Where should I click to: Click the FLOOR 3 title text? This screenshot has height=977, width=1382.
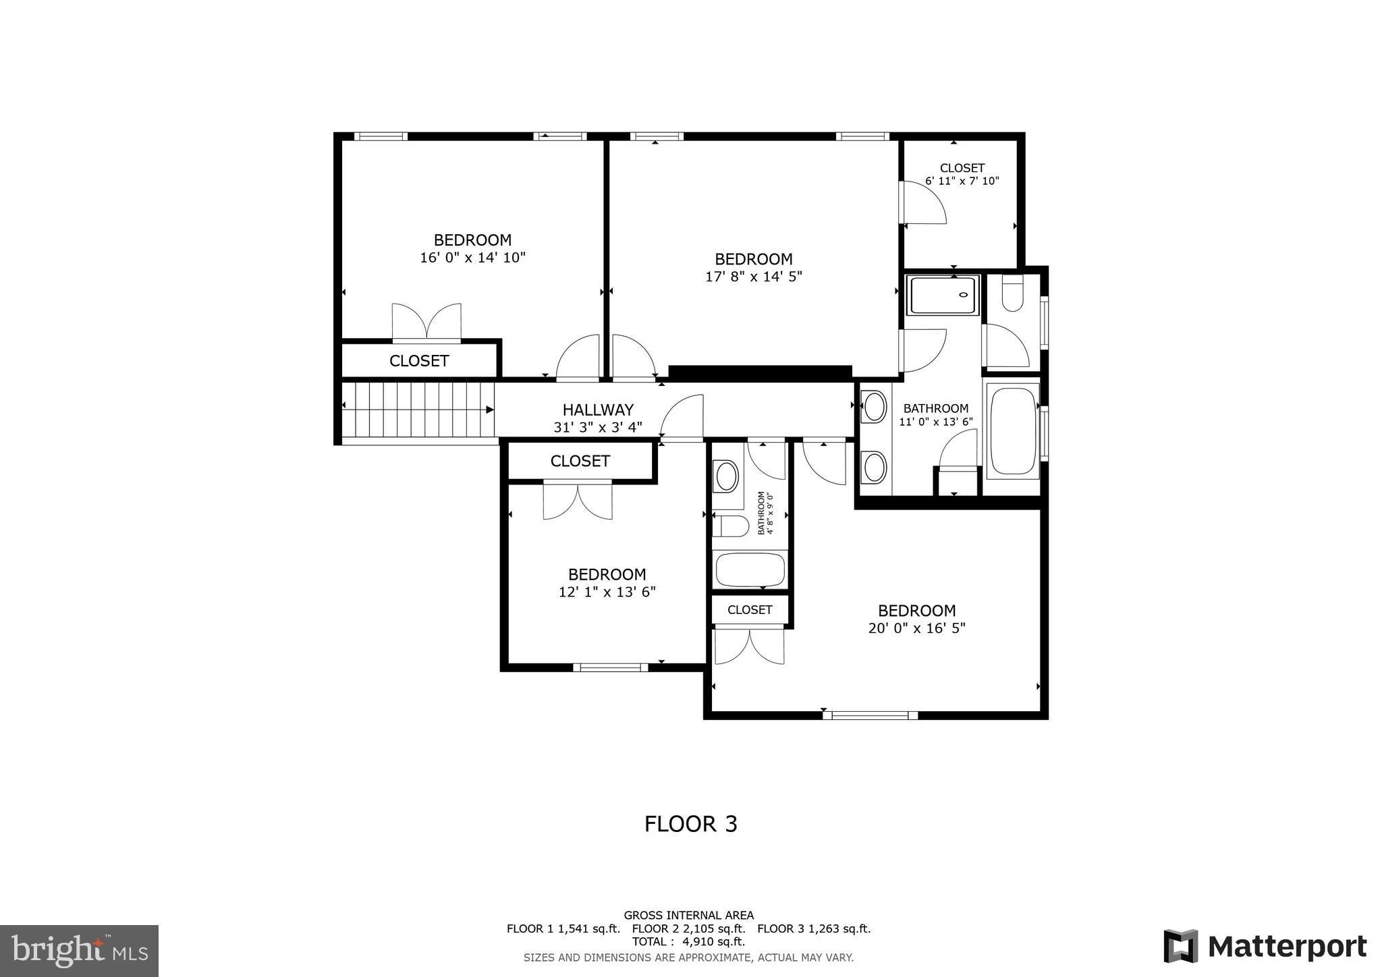coord(690,824)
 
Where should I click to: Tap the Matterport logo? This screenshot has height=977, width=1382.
coord(1265,946)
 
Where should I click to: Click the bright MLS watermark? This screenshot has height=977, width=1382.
coord(80,951)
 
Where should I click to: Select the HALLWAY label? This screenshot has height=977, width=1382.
coord(598,410)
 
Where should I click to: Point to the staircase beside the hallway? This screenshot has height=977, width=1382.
coord(417,410)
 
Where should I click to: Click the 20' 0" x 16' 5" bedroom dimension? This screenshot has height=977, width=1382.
coord(916,628)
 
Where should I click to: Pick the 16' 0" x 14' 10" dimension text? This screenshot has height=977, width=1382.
coord(472,257)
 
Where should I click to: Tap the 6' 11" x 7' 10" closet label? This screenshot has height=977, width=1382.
coord(962,181)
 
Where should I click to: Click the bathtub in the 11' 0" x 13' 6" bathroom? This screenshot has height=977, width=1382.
coord(1011,430)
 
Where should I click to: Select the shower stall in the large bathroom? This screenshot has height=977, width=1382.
coord(943,296)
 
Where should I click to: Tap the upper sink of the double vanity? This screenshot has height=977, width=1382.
coord(875,407)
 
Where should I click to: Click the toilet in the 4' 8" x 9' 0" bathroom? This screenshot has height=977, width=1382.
coord(731,526)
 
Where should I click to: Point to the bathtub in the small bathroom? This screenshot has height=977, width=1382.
coord(750,569)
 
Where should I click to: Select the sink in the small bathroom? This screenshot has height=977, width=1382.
coord(727,476)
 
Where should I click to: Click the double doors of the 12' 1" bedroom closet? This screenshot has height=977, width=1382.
coord(578,501)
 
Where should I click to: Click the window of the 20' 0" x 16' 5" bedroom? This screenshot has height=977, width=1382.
coord(870,715)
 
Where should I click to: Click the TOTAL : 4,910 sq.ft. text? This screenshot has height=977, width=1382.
coord(688,942)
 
